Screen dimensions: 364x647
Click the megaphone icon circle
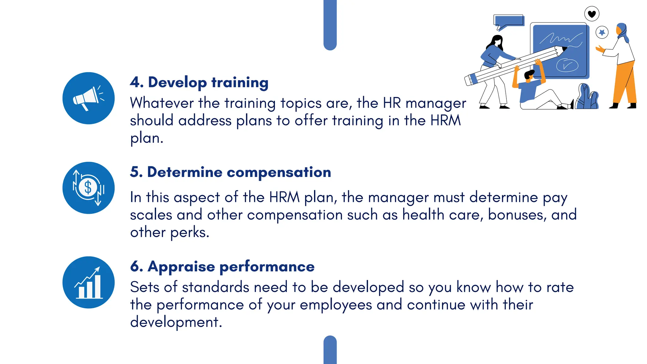coord(88,98)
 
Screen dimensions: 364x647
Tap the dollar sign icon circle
coord(88,188)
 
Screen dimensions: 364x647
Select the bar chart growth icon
coord(88,282)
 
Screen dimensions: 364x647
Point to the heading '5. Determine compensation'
coord(230,172)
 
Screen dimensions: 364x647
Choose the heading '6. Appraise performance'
coord(222,266)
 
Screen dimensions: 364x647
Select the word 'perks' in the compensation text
coord(190,233)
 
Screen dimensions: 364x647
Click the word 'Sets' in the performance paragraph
coord(144,287)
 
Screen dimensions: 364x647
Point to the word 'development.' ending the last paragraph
coord(176,322)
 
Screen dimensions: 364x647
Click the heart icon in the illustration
coord(592,14)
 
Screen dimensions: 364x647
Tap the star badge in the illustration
coord(602,32)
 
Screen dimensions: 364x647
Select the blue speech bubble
coord(509,21)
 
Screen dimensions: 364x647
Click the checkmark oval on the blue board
coord(567,65)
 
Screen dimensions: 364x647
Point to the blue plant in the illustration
coord(587,97)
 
